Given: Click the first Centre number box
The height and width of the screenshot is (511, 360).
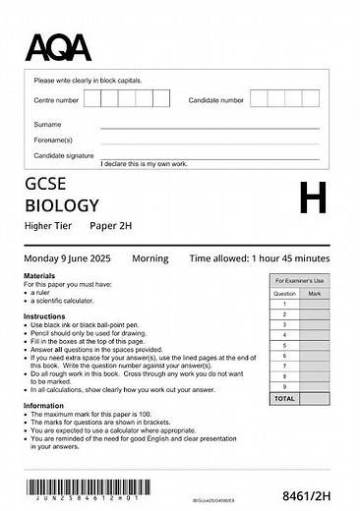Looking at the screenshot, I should click(x=92, y=99).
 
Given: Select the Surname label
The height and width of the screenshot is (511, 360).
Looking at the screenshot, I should click(x=47, y=125).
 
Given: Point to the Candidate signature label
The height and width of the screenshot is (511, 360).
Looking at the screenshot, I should click(x=64, y=155).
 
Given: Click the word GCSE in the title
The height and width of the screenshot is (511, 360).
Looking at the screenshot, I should click(x=46, y=185).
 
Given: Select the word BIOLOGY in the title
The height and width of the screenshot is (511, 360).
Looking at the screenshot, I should click(x=63, y=205).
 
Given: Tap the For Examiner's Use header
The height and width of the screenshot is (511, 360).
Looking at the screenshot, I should click(x=300, y=281).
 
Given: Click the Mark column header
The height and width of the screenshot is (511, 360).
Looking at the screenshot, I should click(x=314, y=293).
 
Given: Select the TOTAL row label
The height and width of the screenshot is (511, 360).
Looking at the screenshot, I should click(x=284, y=400).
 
